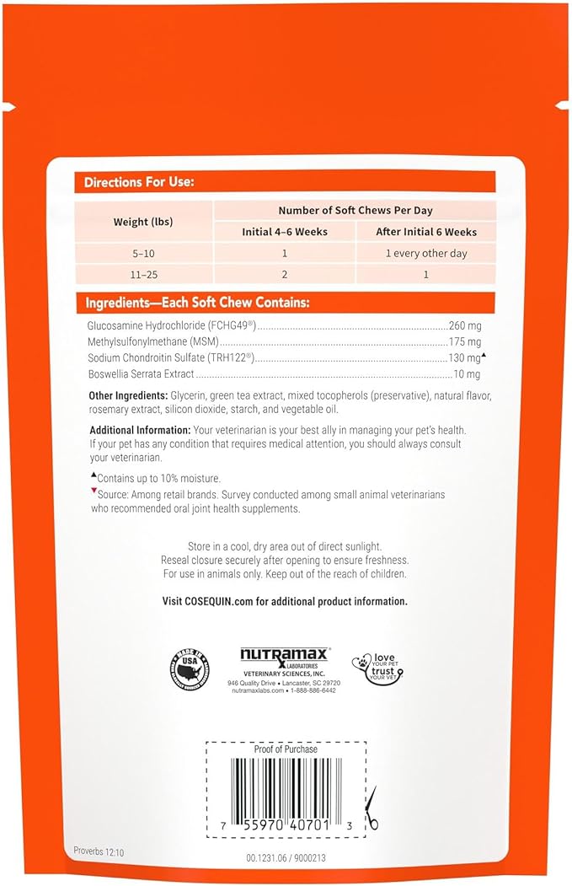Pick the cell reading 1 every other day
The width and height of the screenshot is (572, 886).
pyautogui.click(x=425, y=253)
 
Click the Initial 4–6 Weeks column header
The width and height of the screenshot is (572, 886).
pyautogui.click(x=284, y=232)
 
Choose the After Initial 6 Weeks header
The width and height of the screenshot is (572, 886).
pyautogui.click(x=425, y=232)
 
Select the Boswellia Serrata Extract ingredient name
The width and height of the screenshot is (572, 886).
pyautogui.click(x=141, y=374)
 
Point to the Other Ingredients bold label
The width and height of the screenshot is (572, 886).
pyautogui.click(x=128, y=396)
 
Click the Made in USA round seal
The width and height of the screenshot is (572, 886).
pyautogui.click(x=190, y=667)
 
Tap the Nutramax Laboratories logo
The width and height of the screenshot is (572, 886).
pyautogui.click(x=285, y=658)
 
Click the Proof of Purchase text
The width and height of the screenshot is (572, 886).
pyautogui.click(x=286, y=749)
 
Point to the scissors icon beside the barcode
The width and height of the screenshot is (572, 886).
pyautogui.click(x=372, y=808)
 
